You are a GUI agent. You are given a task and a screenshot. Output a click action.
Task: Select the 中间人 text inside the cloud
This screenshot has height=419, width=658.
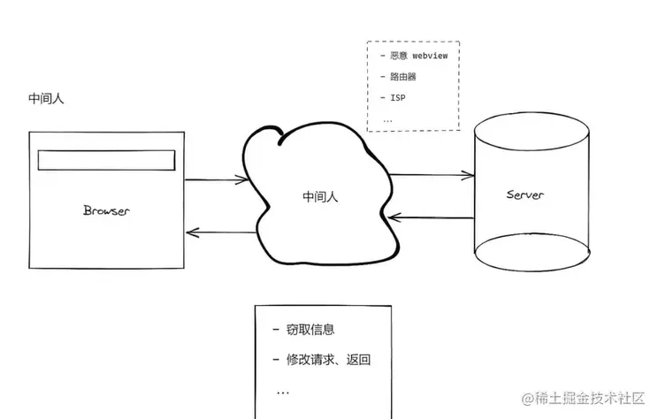coord(319,196)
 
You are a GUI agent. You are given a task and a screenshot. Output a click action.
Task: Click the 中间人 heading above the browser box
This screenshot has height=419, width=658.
coord(46,98)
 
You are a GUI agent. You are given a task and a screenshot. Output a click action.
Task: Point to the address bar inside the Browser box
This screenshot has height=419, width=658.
coord(105,160)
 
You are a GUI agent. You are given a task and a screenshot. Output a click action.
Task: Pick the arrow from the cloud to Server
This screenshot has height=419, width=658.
coord(431,175)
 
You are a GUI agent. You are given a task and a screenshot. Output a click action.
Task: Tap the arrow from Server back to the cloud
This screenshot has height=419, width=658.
coord(431,217)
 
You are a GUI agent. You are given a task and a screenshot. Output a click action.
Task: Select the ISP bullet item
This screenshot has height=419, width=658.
coord(394,97)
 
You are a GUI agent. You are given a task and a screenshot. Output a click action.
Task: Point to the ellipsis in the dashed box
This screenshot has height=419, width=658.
coord(387,118)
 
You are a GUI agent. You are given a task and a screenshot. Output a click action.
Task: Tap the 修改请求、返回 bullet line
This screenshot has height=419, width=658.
coord(328,360)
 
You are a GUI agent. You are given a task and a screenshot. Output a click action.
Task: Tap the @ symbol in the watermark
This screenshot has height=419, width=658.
coord(527,400)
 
